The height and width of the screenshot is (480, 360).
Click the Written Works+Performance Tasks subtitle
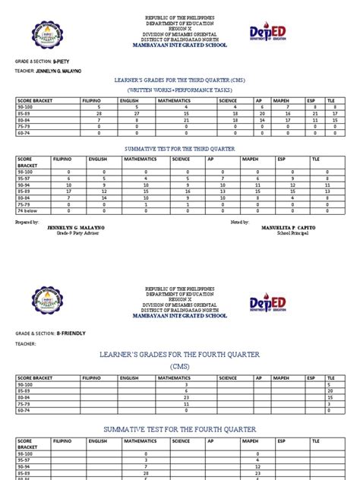180,89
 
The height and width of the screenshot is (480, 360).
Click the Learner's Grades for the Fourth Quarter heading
180,355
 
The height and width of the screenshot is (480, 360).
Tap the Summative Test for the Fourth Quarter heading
180,430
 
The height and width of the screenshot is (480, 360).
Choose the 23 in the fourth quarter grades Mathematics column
186,404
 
